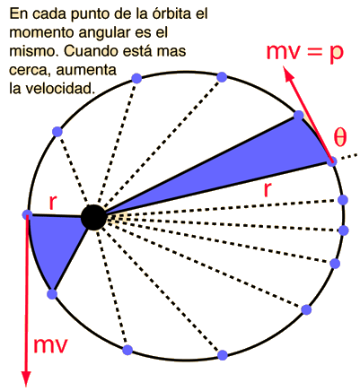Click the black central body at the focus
point(93,218)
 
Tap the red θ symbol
point(340,138)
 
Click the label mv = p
point(304,52)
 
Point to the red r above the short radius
point(53,203)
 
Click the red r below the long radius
point(268,189)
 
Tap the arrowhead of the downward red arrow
point(27,378)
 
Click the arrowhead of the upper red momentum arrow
point(288,74)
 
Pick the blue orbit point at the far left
point(27,214)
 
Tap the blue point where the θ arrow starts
point(332,161)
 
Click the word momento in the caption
point(42,33)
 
